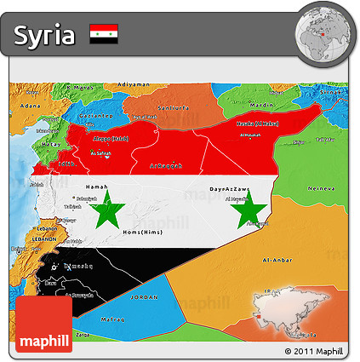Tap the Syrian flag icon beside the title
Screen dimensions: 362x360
(104, 34)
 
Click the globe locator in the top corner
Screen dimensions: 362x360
(325, 34)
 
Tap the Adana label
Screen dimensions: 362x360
(30, 105)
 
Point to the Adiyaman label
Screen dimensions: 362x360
(133, 84)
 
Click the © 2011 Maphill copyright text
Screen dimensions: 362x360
(314, 351)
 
